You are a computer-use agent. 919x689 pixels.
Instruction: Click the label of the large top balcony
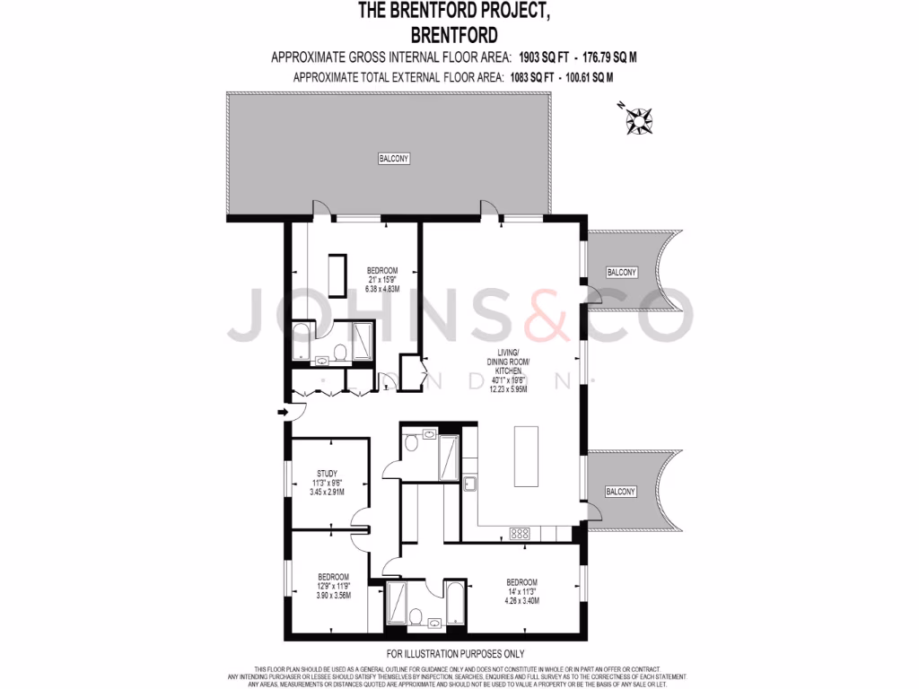pyautogui.click(x=392, y=159)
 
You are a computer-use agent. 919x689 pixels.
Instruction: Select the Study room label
pyautogui.click(x=327, y=474)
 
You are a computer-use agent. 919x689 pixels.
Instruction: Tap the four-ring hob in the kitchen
pyautogui.click(x=520, y=533)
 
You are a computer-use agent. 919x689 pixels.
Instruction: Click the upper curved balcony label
pyautogui.click(x=621, y=272)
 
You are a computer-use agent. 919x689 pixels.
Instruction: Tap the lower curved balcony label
pyautogui.click(x=620, y=492)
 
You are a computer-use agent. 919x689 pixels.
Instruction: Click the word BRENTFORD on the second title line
pyautogui.click(x=453, y=36)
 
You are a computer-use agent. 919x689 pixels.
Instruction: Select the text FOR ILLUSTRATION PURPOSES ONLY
pyautogui.click(x=455, y=654)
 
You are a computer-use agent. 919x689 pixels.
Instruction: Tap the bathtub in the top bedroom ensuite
pyautogui.click(x=302, y=342)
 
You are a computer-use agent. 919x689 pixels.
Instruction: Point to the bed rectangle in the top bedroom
pyautogui.click(x=337, y=276)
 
